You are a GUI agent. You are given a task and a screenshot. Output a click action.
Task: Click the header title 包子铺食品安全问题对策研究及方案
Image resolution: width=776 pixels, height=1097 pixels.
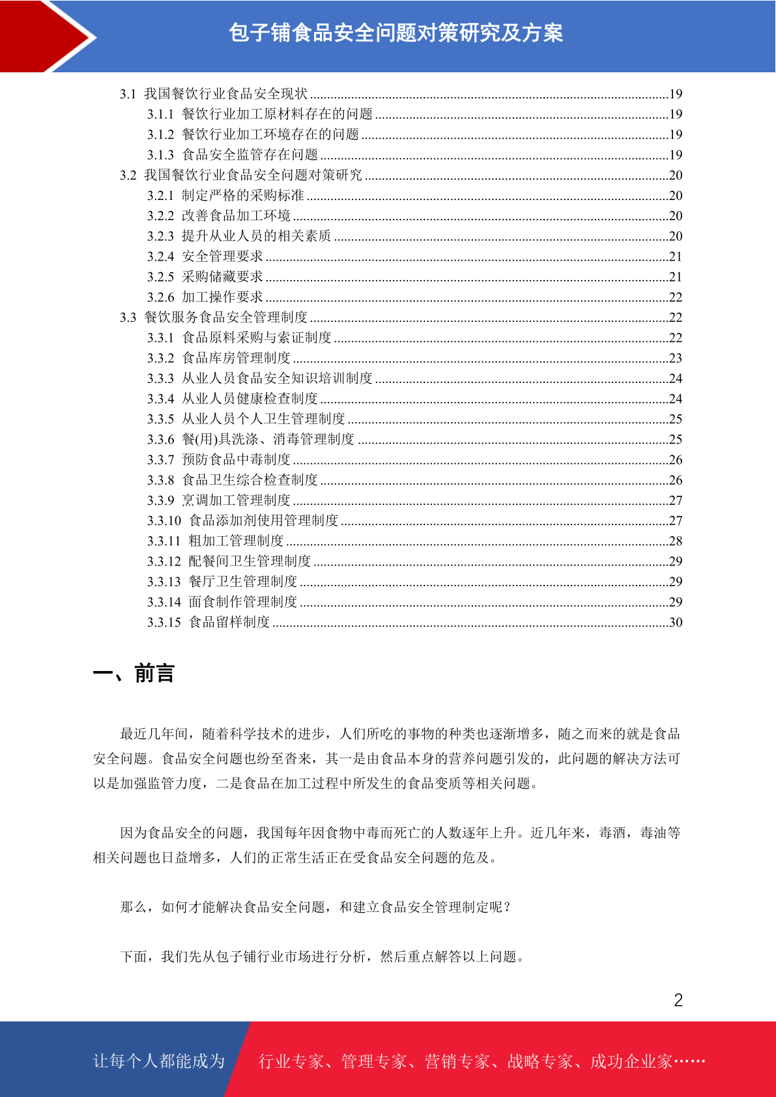[395, 33]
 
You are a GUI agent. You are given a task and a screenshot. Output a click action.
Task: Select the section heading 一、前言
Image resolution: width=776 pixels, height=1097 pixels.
[134, 673]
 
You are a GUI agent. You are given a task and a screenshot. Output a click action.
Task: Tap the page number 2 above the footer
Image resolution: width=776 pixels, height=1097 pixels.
[678, 1000]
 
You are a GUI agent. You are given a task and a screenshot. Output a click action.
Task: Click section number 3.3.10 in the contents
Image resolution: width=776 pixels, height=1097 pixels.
[164, 520]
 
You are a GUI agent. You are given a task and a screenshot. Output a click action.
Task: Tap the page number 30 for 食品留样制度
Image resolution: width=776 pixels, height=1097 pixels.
[676, 622]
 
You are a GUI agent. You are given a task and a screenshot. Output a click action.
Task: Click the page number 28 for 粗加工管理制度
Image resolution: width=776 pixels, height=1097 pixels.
[676, 541]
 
